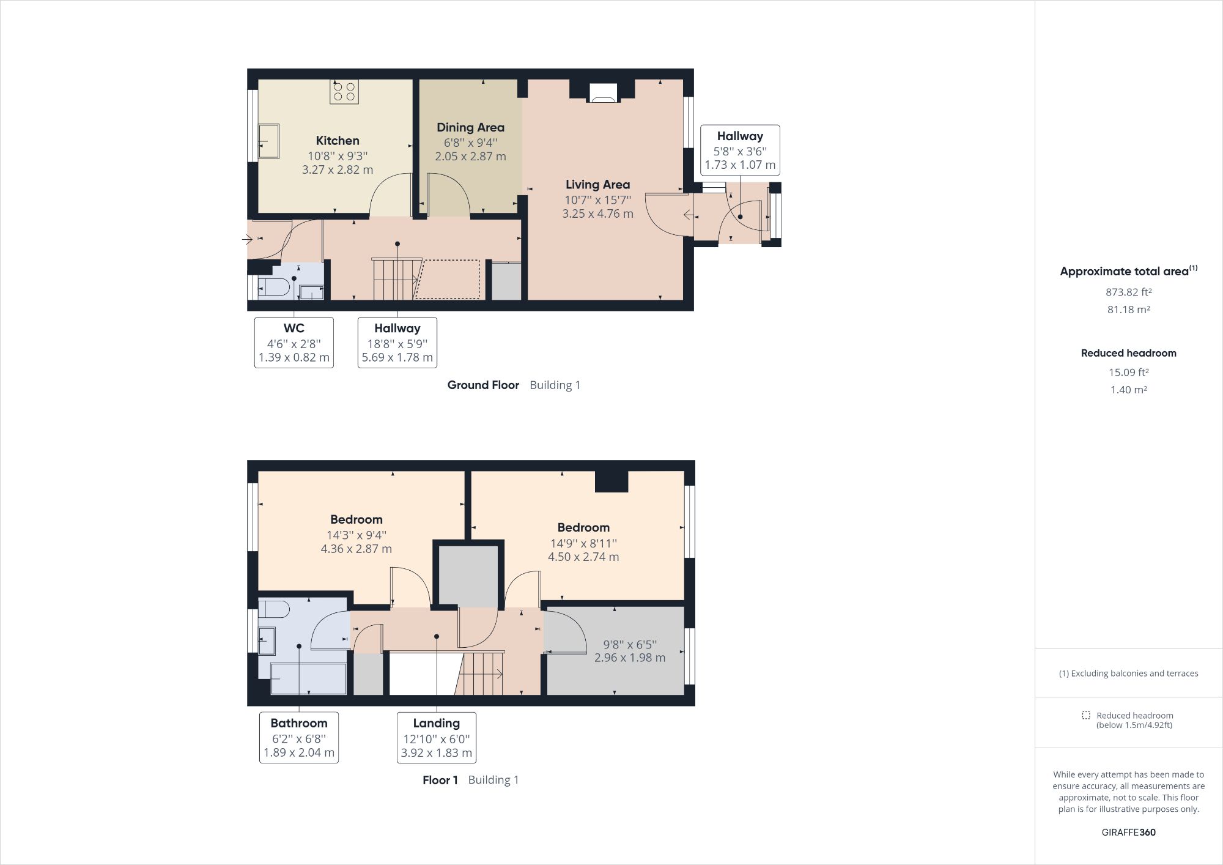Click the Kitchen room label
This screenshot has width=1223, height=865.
337,141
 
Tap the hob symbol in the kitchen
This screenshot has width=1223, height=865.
344,92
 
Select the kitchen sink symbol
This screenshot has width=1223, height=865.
268,141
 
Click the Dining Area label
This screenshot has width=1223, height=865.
470,127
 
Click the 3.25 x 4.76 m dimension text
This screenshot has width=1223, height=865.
597,213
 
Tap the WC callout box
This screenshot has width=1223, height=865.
294,342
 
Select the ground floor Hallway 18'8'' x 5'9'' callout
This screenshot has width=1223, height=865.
397,342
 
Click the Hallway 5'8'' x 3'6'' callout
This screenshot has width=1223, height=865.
739,150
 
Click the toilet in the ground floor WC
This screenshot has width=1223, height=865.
273,286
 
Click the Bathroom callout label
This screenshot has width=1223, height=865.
298,723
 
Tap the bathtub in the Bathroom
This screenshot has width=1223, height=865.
308,679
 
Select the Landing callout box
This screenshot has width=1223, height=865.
436,737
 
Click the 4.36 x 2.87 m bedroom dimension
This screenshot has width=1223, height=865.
356,549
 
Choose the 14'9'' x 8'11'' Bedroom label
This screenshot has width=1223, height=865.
583,542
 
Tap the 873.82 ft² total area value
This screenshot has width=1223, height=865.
1128,292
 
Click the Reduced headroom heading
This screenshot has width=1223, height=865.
1128,353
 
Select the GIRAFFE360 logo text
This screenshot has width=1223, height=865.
1128,832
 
